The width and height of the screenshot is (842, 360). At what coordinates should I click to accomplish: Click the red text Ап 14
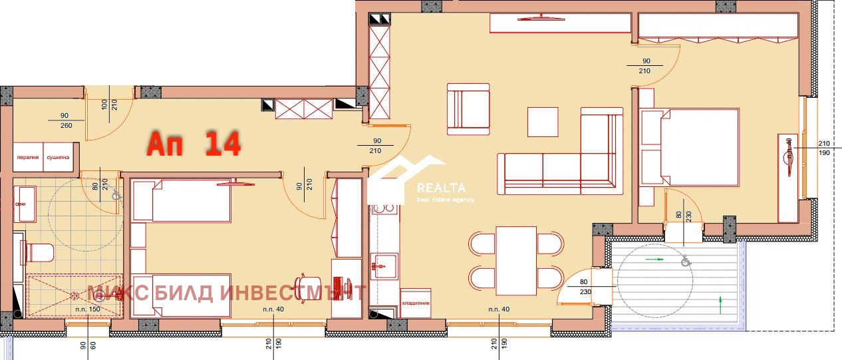coord(193,144)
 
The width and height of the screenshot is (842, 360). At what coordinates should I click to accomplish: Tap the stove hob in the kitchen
coord(384,209)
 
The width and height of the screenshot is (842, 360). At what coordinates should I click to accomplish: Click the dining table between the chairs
coord(516,259)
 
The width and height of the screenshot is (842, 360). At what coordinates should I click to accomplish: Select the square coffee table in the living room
coord(543,122)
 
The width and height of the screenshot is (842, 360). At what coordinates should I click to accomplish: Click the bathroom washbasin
coord(27,203)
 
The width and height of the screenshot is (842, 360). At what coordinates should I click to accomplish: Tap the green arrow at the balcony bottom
coord(721,305)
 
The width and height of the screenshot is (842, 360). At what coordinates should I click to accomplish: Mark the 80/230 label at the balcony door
coord(583,285)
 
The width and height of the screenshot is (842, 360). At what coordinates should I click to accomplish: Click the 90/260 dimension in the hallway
coord(65,120)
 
